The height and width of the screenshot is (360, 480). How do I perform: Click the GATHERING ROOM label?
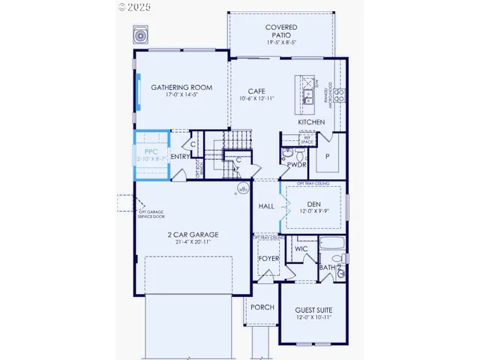181,88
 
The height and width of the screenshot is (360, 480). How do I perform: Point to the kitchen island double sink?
308,96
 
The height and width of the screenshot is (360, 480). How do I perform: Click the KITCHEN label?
310,121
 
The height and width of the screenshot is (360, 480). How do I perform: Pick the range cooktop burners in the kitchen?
339,94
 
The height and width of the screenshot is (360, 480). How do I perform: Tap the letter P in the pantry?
327,157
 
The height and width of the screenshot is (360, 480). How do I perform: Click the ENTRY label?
180,156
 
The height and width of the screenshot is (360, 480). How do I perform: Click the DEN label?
314,203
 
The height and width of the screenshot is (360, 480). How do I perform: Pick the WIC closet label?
301,247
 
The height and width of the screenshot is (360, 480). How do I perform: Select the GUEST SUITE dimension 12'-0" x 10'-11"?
313,318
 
